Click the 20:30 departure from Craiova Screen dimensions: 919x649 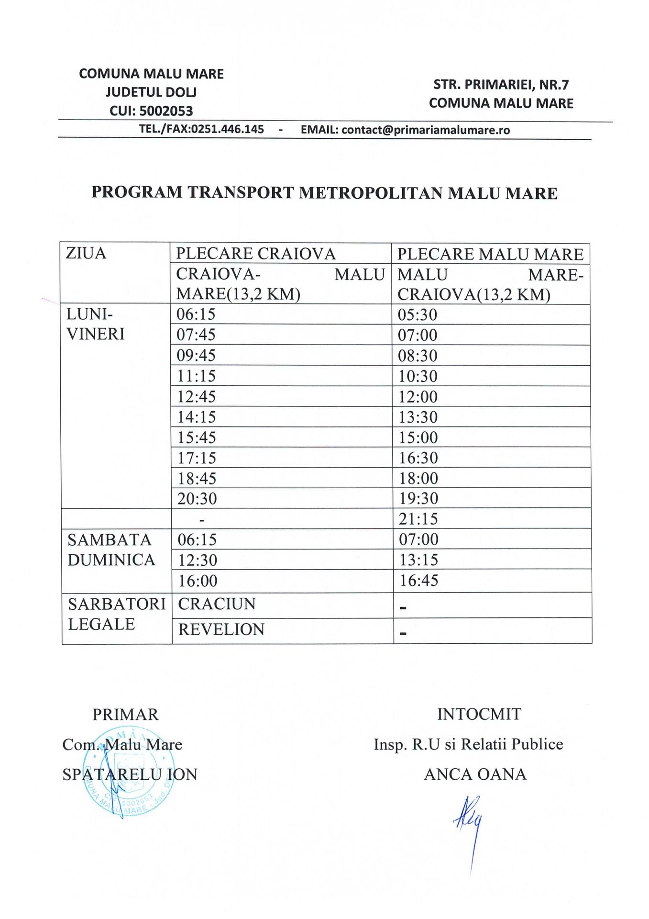pyautogui.click(x=197, y=499)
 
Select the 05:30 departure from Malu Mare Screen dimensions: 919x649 pyautogui.click(x=418, y=315)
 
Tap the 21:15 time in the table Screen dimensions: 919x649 pyautogui.click(x=418, y=519)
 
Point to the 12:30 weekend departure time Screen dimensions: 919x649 pyautogui.click(x=198, y=560)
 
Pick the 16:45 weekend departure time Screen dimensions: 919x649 pyautogui.click(x=419, y=581)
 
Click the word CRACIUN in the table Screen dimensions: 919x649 pyautogui.click(x=217, y=604)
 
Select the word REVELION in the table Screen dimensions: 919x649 pyautogui.click(x=221, y=629)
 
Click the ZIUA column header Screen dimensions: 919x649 pyautogui.click(x=86, y=253)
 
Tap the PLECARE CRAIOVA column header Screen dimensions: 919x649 pyautogui.click(x=256, y=254)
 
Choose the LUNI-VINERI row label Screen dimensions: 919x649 pyautogui.click(x=95, y=324)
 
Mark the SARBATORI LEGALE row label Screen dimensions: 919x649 pyautogui.click(x=116, y=614)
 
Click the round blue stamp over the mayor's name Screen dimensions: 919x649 pyautogui.click(x=128, y=771)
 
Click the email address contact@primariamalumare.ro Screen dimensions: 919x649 pyautogui.click(x=425, y=130)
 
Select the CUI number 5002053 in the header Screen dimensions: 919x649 pyautogui.click(x=165, y=111)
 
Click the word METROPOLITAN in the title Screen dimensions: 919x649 pyautogui.click(x=371, y=193)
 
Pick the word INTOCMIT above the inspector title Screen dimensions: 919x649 pyautogui.click(x=479, y=714)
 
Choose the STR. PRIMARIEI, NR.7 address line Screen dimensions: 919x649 pyautogui.click(x=501, y=85)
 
